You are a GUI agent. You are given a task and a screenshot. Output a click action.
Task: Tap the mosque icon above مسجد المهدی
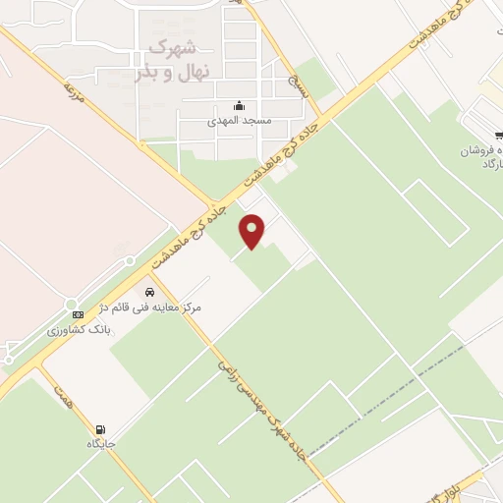click(238, 107)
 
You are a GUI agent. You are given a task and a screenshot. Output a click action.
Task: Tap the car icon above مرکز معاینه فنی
click(149, 292)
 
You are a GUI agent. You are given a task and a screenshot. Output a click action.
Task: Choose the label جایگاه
click(101, 444)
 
